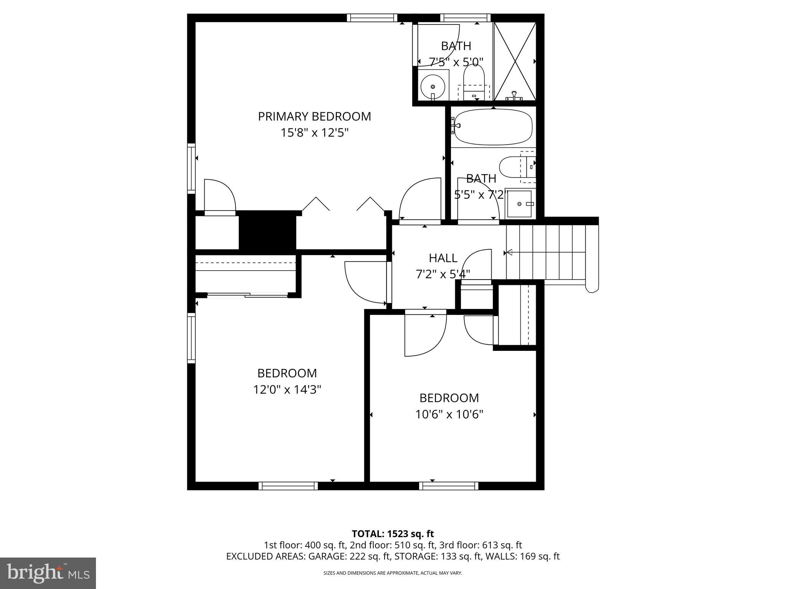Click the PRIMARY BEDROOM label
click(x=314, y=117)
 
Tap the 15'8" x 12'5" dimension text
click(x=314, y=133)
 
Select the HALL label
click(x=443, y=258)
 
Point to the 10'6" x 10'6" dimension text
click(x=449, y=415)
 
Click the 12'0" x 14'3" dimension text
click(x=287, y=390)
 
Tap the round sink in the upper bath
click(x=433, y=87)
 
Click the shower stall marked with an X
click(x=514, y=61)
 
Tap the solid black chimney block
click(x=268, y=232)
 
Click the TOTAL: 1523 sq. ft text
click(x=393, y=534)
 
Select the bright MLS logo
click(x=48, y=573)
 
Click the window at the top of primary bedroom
click(x=372, y=18)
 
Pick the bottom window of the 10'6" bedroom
click(x=449, y=486)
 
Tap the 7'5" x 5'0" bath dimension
click(x=456, y=62)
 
